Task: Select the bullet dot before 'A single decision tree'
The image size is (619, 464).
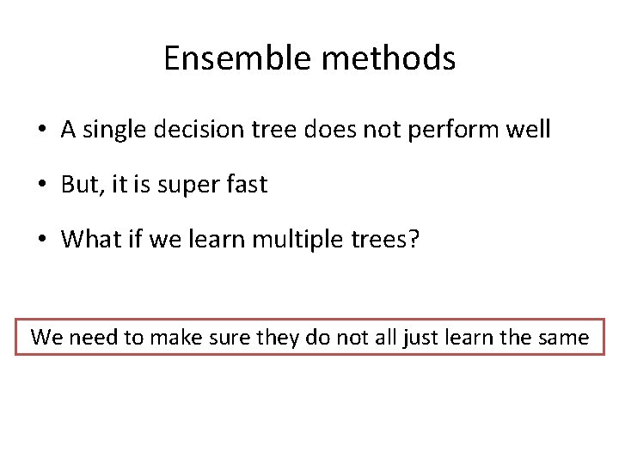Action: (x=41, y=131)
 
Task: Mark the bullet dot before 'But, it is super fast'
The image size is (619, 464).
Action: (x=41, y=185)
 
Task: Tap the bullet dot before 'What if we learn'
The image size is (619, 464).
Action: (x=41, y=239)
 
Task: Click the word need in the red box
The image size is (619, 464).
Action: (x=94, y=338)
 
